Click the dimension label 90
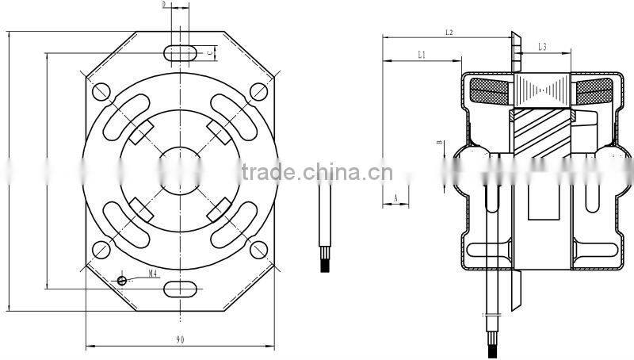(181, 339)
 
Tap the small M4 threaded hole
(122, 279)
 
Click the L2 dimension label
(449, 33)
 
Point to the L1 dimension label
(422, 54)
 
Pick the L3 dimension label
(543, 48)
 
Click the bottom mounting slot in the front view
(181, 287)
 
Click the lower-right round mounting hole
(259, 249)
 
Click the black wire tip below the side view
(488, 347)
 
